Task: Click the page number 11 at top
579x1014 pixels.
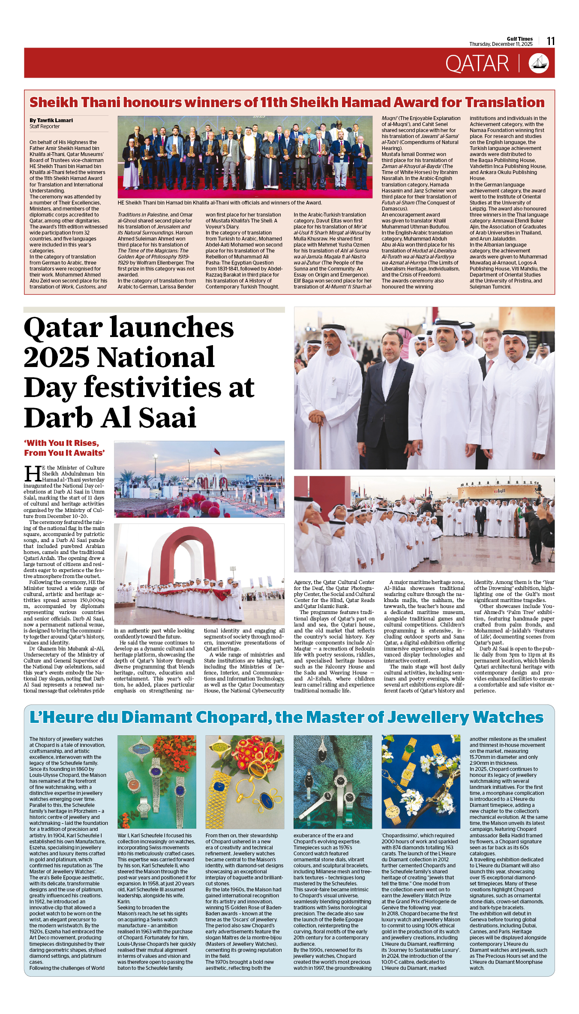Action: click(x=551, y=41)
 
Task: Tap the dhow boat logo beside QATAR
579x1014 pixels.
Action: click(x=539, y=63)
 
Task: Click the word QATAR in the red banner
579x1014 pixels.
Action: click(x=477, y=64)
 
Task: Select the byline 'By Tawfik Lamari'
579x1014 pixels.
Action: click(x=51, y=120)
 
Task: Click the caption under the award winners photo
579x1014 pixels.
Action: click(x=219, y=203)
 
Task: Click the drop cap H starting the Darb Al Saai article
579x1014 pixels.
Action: click(x=33, y=474)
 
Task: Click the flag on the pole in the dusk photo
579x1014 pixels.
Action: click(x=217, y=451)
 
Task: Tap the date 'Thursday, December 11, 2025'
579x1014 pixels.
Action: click(x=501, y=44)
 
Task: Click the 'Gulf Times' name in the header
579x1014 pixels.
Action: click(x=519, y=39)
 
